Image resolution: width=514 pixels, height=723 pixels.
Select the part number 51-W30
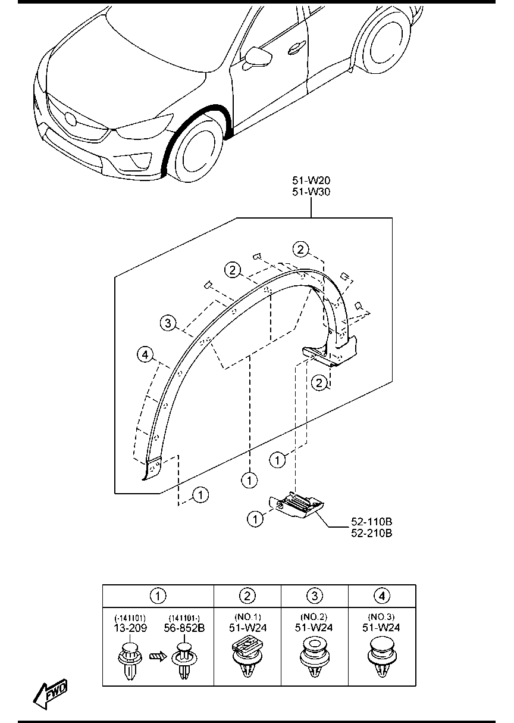[x=311, y=192]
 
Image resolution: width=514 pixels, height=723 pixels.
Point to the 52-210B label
[x=372, y=533]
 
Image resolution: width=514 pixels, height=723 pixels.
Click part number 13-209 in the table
[x=130, y=628]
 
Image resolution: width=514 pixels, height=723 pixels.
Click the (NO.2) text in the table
[x=315, y=617]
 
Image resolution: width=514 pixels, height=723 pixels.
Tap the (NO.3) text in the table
[x=382, y=617]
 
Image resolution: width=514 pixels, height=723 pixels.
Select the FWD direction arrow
[x=51, y=693]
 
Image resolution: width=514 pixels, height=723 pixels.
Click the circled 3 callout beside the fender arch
[x=168, y=323]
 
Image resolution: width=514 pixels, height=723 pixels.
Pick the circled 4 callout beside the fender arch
[x=144, y=355]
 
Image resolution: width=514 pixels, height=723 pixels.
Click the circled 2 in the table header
[x=247, y=595]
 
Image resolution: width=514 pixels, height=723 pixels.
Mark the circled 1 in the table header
[x=158, y=595]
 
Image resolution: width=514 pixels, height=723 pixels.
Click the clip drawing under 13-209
[x=130, y=660]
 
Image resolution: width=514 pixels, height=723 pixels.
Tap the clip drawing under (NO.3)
[x=382, y=658]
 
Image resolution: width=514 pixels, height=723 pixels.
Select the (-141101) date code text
[x=130, y=618]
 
